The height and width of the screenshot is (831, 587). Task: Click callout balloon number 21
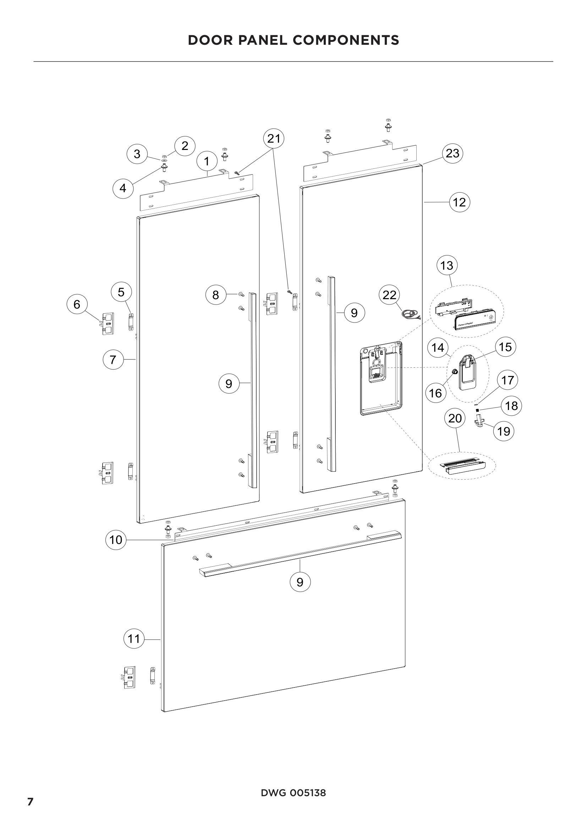click(274, 139)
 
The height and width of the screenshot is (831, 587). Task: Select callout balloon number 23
click(452, 153)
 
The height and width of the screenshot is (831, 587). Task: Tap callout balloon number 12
click(459, 202)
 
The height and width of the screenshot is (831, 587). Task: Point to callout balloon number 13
click(447, 266)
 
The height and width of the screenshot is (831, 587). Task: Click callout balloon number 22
click(389, 295)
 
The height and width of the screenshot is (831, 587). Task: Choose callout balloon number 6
click(77, 304)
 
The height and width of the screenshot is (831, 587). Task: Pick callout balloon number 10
click(116, 540)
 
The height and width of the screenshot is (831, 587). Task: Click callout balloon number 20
click(455, 419)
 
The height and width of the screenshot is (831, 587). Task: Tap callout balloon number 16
click(435, 393)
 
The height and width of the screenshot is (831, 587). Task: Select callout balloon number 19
click(504, 431)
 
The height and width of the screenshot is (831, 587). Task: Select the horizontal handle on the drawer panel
click(300, 553)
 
